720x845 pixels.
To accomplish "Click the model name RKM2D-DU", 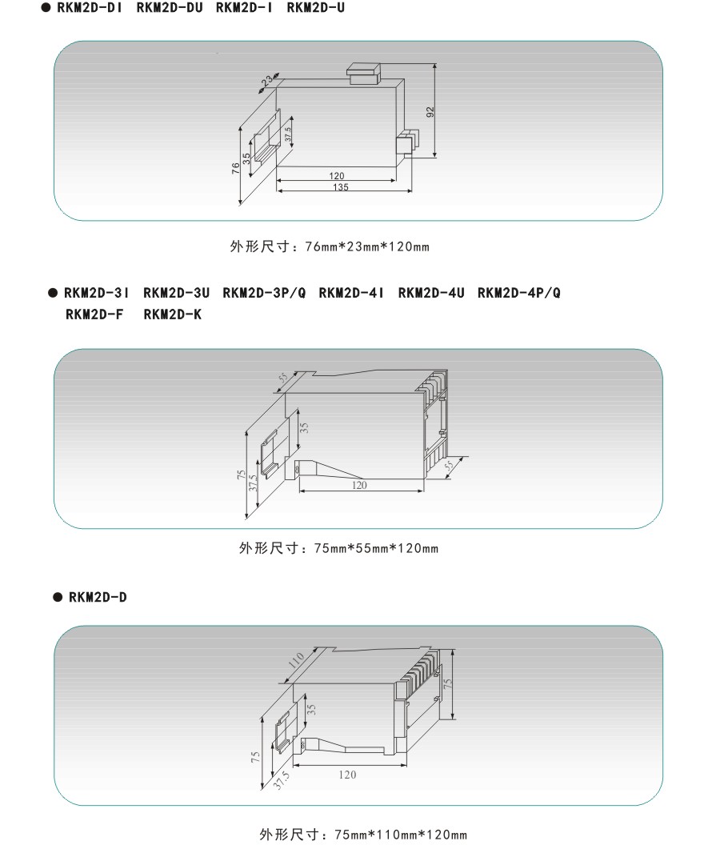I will click(170, 8).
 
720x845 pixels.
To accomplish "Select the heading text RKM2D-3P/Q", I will click(262, 293).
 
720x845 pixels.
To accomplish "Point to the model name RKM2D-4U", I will click(430, 293).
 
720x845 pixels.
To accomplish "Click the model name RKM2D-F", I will click(94, 314).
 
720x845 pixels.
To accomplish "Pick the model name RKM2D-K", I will click(173, 314).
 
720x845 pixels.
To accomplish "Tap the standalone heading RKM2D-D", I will click(98, 597).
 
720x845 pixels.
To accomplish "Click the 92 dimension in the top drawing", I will click(430, 113).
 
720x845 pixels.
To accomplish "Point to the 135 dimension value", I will click(339, 187).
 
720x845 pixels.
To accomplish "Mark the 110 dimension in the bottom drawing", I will click(296, 660).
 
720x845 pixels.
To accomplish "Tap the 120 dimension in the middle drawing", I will click(359, 485).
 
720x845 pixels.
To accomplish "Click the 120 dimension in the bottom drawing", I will click(347, 774).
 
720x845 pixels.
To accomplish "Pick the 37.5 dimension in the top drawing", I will click(288, 132).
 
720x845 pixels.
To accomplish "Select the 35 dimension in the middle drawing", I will click(304, 427).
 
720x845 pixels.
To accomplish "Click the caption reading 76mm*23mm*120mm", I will click(330, 246).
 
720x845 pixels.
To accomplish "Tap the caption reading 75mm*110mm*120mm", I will click(362, 835).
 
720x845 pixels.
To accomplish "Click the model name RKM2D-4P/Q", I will click(518, 293).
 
